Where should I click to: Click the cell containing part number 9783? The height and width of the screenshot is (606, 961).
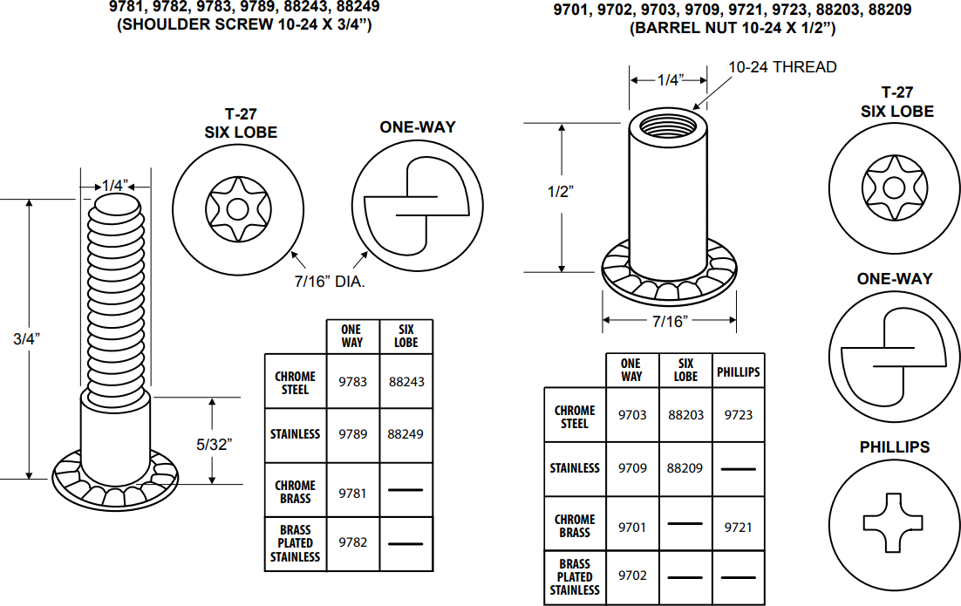[x=353, y=382]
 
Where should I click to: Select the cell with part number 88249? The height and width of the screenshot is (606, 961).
[x=406, y=433]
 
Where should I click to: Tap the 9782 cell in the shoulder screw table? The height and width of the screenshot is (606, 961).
[x=353, y=542]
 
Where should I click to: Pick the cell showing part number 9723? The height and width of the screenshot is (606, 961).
[x=738, y=415]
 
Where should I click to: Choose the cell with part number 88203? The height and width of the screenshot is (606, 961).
[x=685, y=415]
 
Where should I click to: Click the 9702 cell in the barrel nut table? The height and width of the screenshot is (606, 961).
[x=632, y=575]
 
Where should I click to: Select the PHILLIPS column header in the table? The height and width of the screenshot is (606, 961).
[x=738, y=371]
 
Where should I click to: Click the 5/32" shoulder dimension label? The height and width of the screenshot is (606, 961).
[x=214, y=444]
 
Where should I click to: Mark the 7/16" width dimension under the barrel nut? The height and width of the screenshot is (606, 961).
[x=670, y=321]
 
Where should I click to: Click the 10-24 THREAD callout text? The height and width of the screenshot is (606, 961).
[x=782, y=67]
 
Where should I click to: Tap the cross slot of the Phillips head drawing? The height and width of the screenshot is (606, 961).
[x=893, y=522]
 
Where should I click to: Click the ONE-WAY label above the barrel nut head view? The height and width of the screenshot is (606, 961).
[x=894, y=279]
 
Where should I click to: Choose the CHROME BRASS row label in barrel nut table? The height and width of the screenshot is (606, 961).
[x=575, y=526]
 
